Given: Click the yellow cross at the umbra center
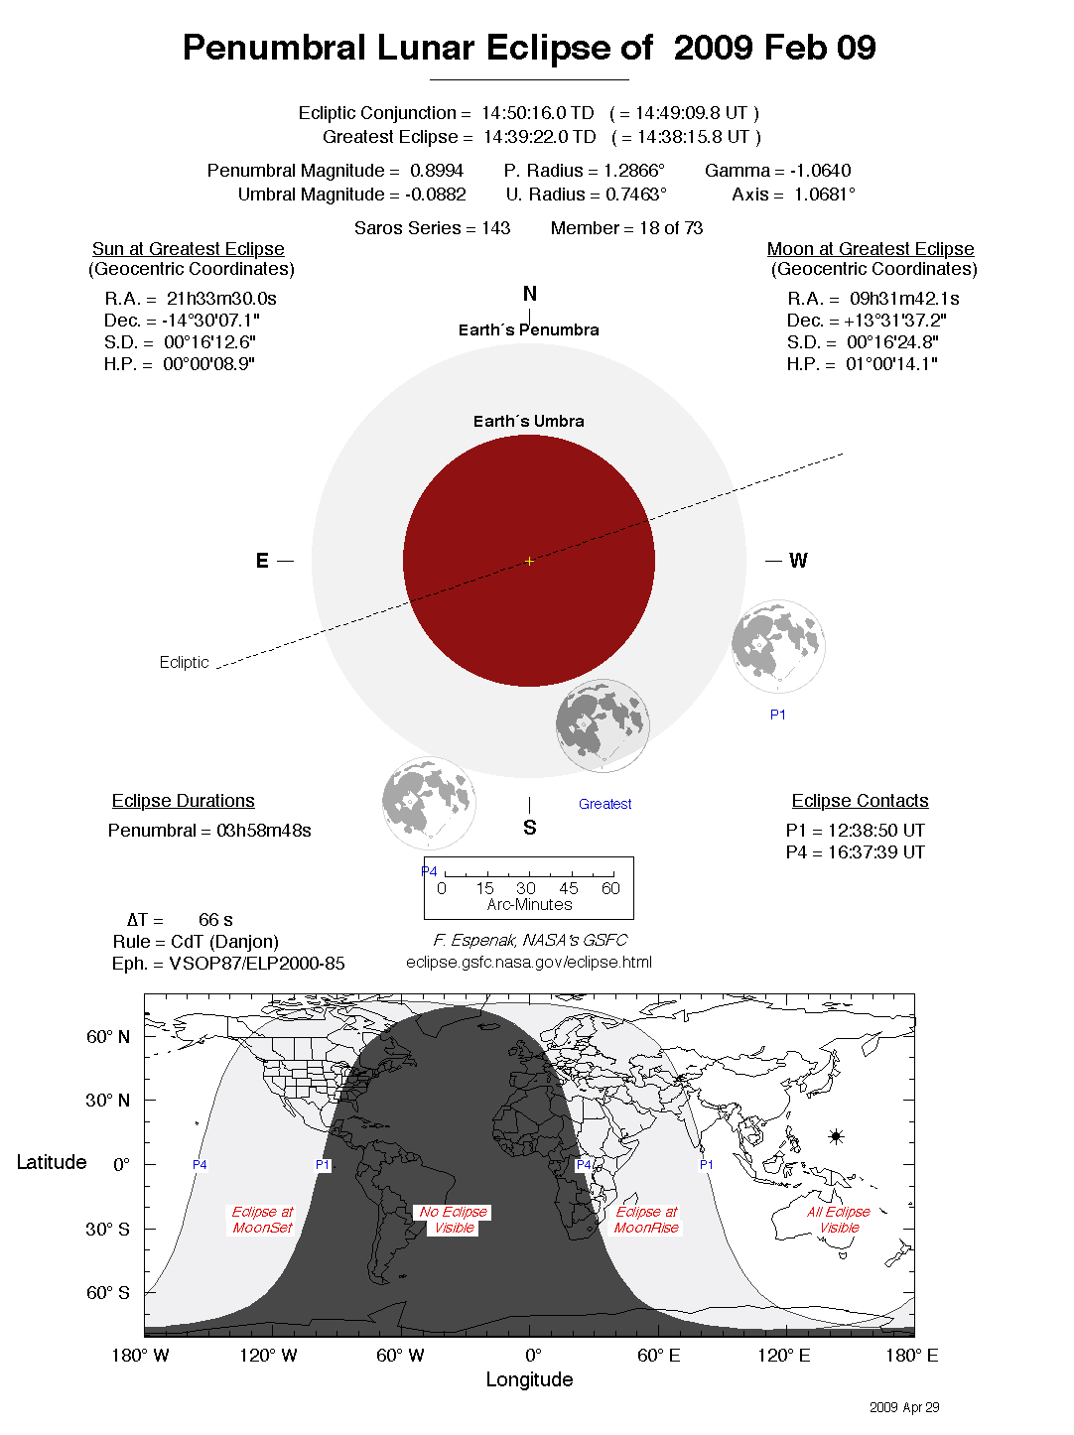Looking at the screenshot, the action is pos(529,561).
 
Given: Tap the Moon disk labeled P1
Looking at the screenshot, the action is pos(778,646).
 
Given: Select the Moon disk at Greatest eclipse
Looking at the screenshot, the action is pos(603,725).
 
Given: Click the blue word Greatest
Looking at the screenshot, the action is pos(604,804).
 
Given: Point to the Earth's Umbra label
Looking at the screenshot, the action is pos(528,421).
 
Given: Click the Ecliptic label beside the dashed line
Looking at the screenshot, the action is pos(184,662).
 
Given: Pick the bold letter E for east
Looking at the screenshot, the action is pos(262,561).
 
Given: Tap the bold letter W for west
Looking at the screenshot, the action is pos(798,561).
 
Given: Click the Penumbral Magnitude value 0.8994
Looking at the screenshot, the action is pos(437,171).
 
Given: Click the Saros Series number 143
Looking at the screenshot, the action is pos(495,228).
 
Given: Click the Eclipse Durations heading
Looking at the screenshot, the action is pos(183,801).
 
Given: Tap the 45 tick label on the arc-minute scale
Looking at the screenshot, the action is pos(568,888).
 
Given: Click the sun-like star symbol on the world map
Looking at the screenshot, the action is pos(836,1136).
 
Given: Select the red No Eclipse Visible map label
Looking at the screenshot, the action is pos(454,1220).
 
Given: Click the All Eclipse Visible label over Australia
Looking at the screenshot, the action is pos(839,1220).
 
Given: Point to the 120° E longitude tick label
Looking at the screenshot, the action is pos(784,1356).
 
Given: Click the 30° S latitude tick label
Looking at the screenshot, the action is pos(108,1229).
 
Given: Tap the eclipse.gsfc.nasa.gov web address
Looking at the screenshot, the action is pos(529,962).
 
